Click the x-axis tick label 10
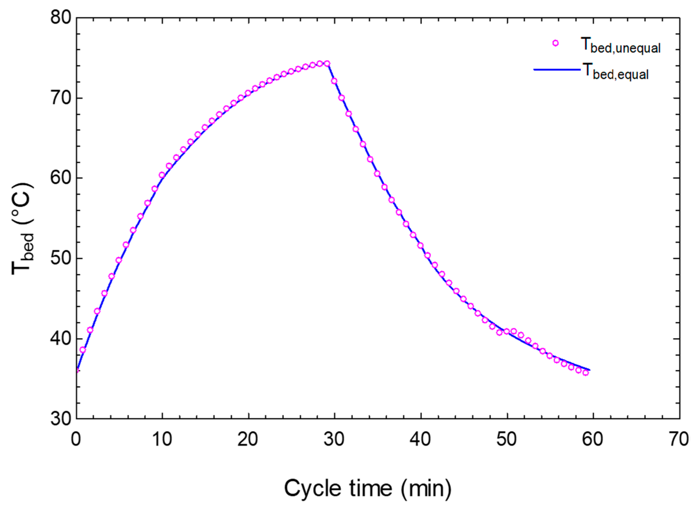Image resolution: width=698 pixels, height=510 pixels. tap(162, 439)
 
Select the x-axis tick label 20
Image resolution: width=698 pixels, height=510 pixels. tap(248, 439)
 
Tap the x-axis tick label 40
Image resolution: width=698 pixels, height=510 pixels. tap(420, 439)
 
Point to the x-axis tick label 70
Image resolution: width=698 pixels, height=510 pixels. tap(679, 439)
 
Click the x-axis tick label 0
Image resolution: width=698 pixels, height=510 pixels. tap(76, 439)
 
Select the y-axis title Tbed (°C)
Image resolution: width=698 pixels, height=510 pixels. tap(22, 229)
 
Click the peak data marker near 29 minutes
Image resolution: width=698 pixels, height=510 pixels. tap(327, 64)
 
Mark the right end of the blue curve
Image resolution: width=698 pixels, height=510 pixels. tap(590, 370)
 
